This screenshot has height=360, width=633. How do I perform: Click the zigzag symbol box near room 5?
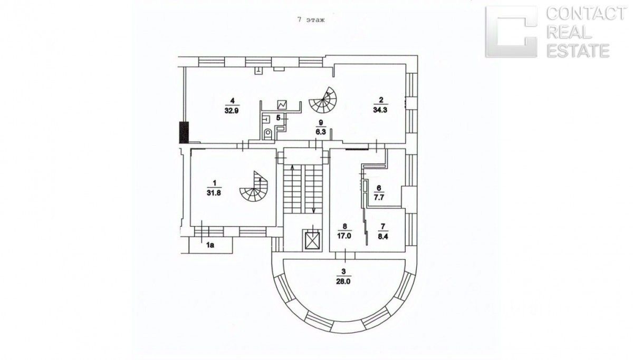click(282, 104)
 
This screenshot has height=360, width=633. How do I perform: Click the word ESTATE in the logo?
click(578, 51)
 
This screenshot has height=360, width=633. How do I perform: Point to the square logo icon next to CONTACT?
click(511, 32)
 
